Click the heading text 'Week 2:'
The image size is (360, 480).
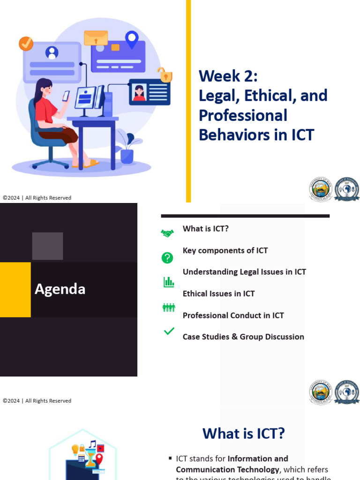tap(228, 76)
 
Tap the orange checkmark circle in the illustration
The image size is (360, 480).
tap(26, 44)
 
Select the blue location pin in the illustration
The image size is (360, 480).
tap(132, 38)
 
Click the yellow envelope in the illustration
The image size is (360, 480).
tap(96, 38)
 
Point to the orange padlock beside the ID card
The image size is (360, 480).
tap(165, 75)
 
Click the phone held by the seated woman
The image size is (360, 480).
tap(66, 96)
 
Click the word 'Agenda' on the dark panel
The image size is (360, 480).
tap(60, 289)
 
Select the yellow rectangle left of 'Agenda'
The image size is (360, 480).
tap(15, 289)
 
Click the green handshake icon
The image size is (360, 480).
tap(167, 233)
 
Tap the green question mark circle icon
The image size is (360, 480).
tap(167, 257)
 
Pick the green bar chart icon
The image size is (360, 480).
tap(168, 282)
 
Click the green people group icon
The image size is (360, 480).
tap(168, 307)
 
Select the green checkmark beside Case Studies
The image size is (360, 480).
tap(169, 331)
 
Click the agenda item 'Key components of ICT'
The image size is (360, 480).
tap(225, 250)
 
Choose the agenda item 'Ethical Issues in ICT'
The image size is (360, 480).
tap(218, 293)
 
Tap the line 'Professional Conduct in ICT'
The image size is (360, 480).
tap(233, 315)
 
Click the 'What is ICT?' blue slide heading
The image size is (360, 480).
tap(243, 434)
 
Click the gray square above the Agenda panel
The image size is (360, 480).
tap(47, 246)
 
